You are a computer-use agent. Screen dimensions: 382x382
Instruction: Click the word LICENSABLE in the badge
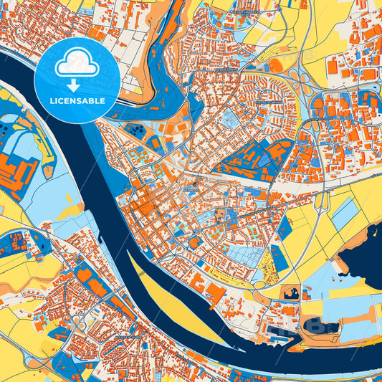tap(77, 101)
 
